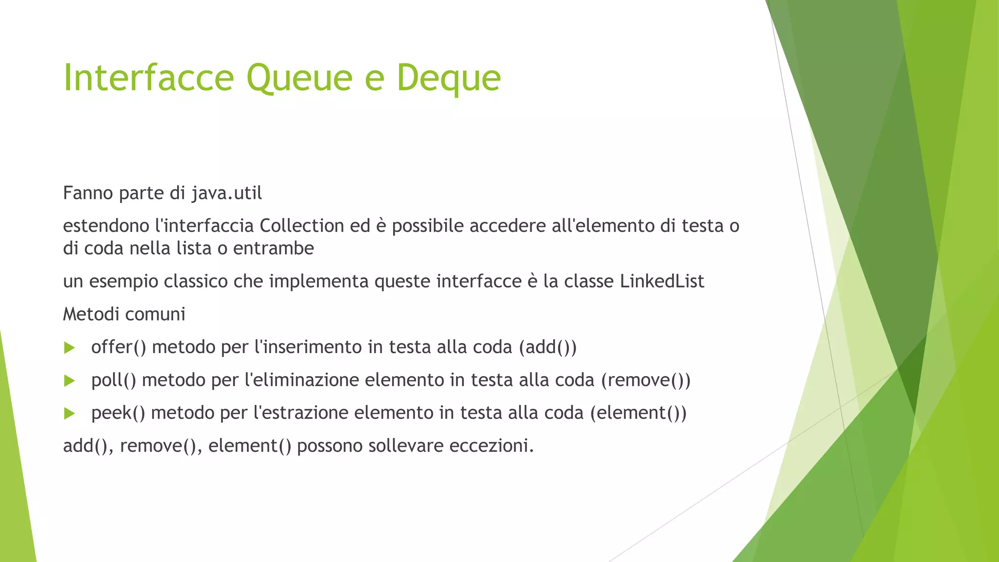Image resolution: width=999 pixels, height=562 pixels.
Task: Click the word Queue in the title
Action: [x=299, y=78]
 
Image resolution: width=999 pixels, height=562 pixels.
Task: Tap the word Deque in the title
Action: [x=448, y=78]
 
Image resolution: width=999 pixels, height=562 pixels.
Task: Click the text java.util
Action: [x=227, y=193]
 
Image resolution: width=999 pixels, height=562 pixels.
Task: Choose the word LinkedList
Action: [x=662, y=281]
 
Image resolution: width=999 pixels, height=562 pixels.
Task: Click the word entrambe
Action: [x=274, y=248]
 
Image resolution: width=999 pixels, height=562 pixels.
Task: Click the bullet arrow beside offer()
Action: [x=70, y=348]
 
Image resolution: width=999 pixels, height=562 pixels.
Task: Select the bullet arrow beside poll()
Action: [x=70, y=381]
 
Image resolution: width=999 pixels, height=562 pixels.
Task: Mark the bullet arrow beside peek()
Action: [x=70, y=414]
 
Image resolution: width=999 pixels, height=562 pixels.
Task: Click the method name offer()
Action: [x=119, y=347]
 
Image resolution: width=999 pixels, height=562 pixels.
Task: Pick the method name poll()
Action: [x=114, y=380]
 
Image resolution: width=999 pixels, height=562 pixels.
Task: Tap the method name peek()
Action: [x=118, y=413]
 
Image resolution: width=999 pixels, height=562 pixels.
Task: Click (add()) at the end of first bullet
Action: [x=548, y=347]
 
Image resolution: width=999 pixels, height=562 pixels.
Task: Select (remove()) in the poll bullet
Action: [x=646, y=380]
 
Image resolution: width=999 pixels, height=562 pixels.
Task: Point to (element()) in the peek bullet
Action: [x=639, y=413]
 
